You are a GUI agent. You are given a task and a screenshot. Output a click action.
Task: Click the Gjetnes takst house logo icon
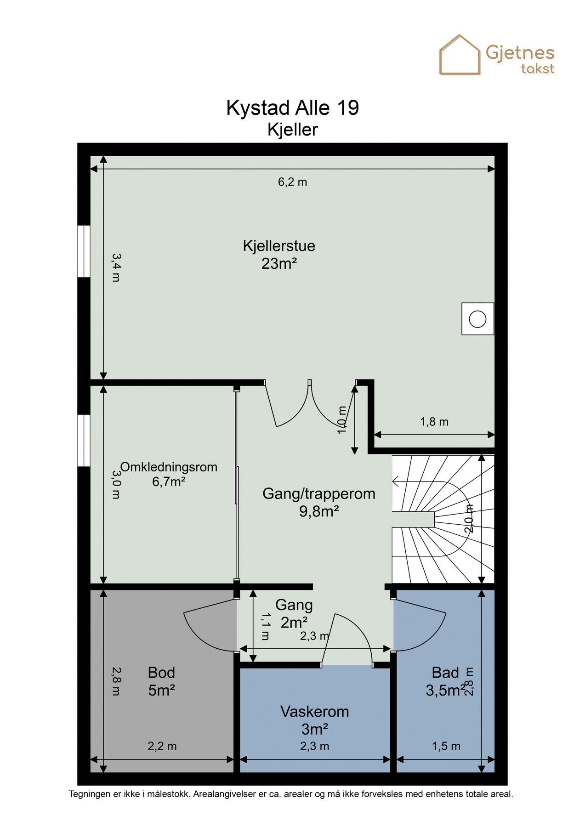(x=460, y=55)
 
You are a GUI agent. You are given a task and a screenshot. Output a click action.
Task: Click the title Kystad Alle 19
(x=293, y=108)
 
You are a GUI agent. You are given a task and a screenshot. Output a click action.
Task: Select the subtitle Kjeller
(x=293, y=130)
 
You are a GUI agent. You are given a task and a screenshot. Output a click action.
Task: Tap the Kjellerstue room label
(x=279, y=246)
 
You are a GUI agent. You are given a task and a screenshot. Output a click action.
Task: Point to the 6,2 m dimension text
(x=292, y=182)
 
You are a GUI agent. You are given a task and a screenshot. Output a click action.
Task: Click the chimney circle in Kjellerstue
(x=478, y=319)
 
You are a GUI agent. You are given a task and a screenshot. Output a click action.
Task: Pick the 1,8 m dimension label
(x=434, y=422)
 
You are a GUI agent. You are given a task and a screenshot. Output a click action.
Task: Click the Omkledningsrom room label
(x=169, y=467)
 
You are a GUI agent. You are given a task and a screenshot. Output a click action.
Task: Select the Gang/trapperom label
(x=319, y=494)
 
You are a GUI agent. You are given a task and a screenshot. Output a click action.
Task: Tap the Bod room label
(x=161, y=673)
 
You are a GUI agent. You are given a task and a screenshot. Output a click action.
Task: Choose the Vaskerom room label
(x=315, y=712)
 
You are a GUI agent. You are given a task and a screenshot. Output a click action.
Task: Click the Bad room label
(x=445, y=673)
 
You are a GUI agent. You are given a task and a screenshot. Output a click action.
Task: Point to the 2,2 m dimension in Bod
(x=162, y=746)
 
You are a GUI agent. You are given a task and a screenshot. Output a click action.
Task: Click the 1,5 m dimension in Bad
(x=446, y=746)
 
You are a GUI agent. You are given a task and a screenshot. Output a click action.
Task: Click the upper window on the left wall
(x=84, y=251)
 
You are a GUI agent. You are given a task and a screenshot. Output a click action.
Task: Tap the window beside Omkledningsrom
(x=84, y=441)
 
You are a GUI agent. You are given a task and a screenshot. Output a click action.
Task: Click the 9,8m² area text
(x=319, y=511)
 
